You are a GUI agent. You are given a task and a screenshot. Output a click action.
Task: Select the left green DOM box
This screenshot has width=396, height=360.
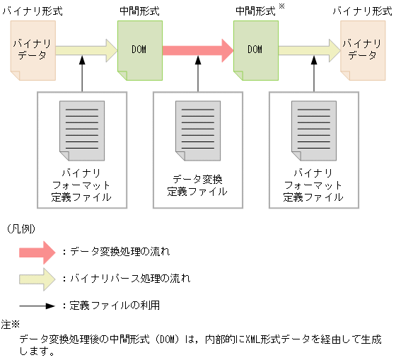(139, 50)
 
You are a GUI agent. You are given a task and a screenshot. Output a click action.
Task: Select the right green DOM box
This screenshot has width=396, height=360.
(255, 50)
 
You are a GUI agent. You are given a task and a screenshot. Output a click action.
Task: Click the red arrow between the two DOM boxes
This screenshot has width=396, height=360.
(197, 50)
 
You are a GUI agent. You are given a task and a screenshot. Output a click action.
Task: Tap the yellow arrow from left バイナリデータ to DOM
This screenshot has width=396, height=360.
(86, 50)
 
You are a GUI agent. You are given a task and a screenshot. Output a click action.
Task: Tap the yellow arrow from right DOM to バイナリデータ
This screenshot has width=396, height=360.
(309, 50)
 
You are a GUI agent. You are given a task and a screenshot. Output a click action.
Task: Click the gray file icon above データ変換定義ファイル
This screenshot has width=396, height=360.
(197, 130)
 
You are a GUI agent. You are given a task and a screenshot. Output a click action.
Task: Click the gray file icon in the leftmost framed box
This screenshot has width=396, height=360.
(82, 130)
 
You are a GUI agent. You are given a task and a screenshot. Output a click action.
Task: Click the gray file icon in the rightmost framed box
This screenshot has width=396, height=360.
(313, 130)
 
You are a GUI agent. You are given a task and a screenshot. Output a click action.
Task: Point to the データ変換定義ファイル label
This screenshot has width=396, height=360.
(197, 185)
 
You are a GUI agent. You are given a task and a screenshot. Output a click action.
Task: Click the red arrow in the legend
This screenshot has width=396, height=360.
(37, 251)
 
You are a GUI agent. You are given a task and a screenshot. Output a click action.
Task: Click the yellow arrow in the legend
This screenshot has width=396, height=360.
(37, 278)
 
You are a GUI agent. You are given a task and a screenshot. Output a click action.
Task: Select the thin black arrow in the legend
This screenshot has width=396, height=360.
(37, 306)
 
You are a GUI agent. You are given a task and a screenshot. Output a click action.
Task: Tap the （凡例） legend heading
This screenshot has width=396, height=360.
(21, 228)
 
